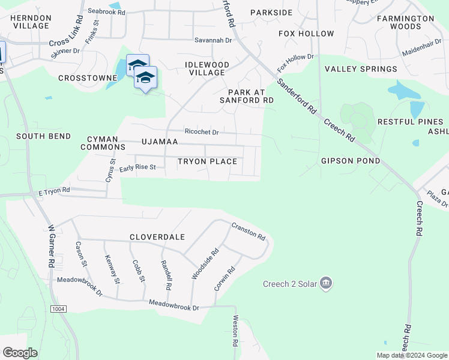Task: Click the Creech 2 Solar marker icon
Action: coord(326,283)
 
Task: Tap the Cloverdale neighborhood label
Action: coord(157,237)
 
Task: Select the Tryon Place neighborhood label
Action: coord(207,161)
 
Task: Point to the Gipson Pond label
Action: coord(350,161)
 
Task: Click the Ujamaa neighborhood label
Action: coord(159,142)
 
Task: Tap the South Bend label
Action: coord(43,136)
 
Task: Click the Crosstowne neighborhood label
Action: coord(87,78)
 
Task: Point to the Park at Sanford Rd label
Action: coord(250,96)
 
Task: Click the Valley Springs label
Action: coord(361,69)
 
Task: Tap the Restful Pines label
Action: coord(406,122)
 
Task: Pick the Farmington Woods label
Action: coord(405,22)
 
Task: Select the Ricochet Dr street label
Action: coord(202,132)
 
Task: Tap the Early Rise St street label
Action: coord(137,168)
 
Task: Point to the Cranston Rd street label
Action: coord(249,231)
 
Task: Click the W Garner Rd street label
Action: coord(52,247)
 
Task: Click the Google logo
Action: coord(20,352)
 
